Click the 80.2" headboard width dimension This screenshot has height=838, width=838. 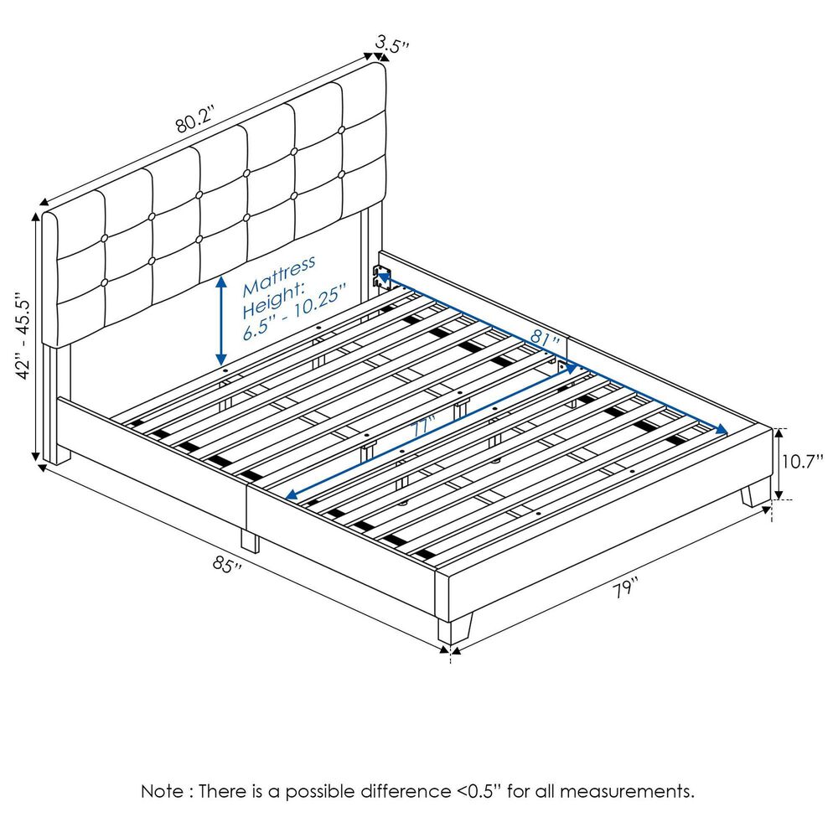[x=195, y=121]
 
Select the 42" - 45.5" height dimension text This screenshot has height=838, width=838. [x=23, y=335]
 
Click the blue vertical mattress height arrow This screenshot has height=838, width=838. [x=221, y=318]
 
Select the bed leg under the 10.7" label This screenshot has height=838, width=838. [x=757, y=494]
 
